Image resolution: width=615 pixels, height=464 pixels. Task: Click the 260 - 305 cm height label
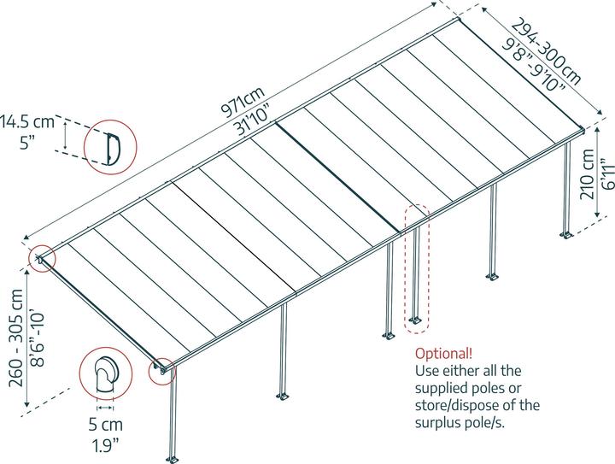[x=16, y=338]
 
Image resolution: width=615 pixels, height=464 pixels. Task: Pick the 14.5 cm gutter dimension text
[x=27, y=121]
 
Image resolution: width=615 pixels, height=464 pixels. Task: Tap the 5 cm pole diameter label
[x=106, y=424]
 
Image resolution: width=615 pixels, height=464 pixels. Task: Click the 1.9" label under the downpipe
[x=105, y=445]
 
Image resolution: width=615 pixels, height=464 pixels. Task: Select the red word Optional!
[x=443, y=354]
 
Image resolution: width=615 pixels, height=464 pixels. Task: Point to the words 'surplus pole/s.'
[x=460, y=423]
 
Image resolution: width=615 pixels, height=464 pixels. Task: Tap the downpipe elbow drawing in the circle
[x=106, y=374]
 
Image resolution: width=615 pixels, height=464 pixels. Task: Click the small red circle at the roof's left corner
[x=42, y=258]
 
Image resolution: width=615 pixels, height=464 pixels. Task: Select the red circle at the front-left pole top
[x=162, y=372]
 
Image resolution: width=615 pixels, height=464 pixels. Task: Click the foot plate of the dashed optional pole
[x=414, y=320]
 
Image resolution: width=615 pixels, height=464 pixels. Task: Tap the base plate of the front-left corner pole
[x=173, y=459]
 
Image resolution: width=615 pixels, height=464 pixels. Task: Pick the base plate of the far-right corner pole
[x=566, y=235]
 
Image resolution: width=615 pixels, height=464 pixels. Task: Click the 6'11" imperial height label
[x=606, y=173]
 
